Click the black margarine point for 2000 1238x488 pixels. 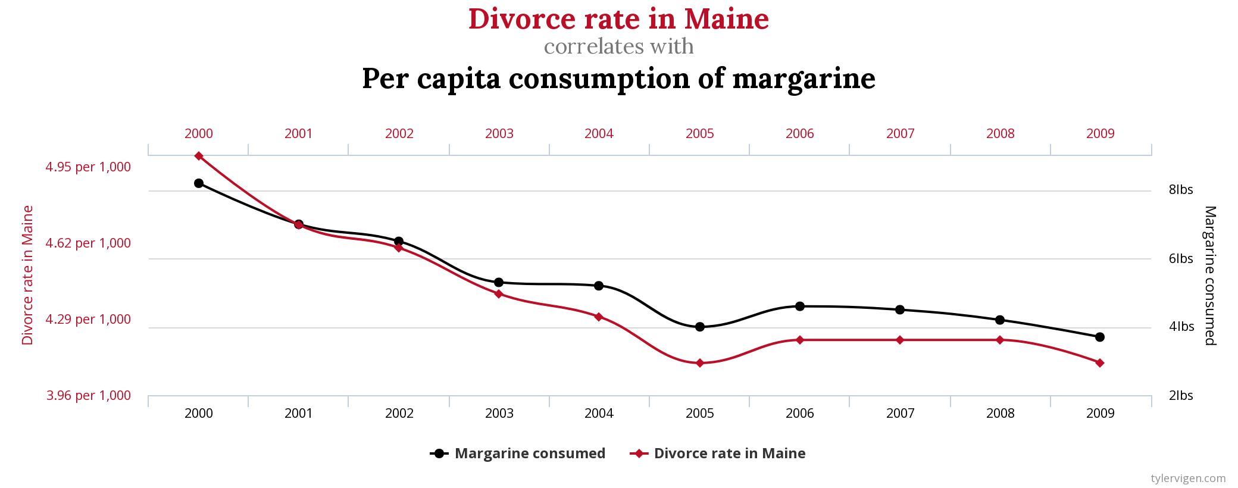199,183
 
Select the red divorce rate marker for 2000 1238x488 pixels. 199,156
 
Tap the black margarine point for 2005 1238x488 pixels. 700,327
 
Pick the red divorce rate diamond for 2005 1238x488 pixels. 700,363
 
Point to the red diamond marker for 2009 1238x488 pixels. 1100,363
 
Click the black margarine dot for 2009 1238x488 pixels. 1100,337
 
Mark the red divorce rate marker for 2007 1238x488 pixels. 900,340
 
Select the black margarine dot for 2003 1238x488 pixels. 499,282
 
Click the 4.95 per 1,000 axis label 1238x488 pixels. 88,167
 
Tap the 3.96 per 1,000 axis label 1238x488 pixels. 88,395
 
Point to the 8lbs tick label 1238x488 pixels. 1181,190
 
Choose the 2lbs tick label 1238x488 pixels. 1181,396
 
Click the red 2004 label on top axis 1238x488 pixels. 599,133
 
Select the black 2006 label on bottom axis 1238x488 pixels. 800,413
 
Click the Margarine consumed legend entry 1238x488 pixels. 518,453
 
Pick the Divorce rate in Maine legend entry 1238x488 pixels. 718,453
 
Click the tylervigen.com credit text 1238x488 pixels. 1188,478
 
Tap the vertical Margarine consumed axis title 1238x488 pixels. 1210,276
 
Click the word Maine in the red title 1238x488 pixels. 726,18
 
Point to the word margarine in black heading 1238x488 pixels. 804,79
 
